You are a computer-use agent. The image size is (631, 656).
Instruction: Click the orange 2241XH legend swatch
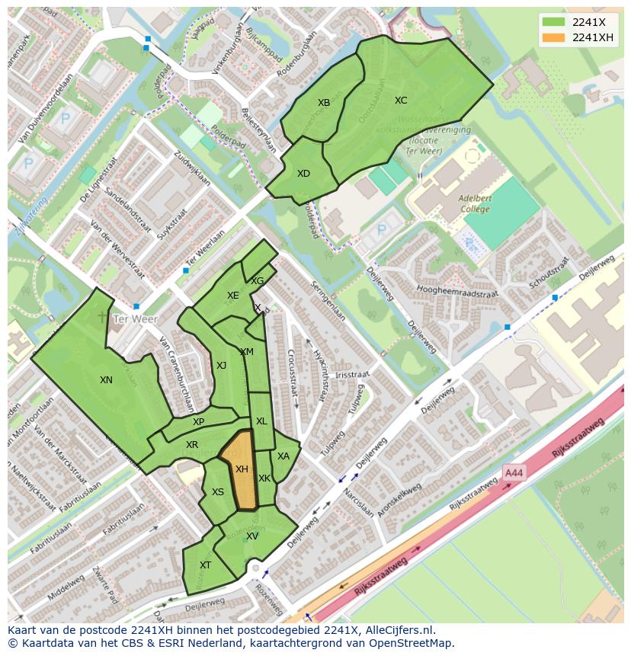555,38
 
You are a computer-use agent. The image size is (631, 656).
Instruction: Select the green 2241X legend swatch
555,23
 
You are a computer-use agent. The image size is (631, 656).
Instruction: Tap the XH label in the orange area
242,469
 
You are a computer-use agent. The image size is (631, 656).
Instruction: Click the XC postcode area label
401,101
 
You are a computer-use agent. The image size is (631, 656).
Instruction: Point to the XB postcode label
324,103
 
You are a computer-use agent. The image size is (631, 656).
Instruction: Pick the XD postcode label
303,174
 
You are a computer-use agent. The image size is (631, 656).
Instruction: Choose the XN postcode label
106,379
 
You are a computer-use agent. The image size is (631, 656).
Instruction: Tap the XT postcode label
205,565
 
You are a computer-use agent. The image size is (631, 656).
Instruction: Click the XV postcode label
251,536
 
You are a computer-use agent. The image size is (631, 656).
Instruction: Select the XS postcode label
218,492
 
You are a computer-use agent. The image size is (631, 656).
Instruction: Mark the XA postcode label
283,456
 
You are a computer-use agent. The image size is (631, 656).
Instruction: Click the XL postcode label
261,421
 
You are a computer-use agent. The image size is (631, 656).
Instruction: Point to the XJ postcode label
221,366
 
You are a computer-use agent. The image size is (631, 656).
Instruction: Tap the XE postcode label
232,296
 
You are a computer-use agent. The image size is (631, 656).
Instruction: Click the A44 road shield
514,474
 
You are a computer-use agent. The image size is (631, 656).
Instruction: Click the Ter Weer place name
134,319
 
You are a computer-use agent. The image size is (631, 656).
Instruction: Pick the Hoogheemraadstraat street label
458,292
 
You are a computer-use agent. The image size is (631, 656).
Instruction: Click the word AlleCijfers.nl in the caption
397,630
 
